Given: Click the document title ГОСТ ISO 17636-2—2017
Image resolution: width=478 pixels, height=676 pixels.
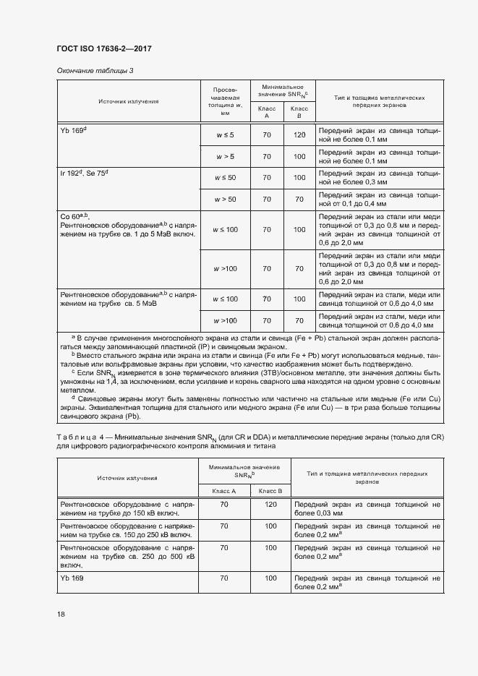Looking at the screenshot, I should coord(103,49).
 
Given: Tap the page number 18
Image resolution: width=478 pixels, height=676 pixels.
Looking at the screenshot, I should coord(60,614).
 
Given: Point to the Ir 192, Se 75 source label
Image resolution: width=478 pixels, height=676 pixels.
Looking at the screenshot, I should coord(88,174).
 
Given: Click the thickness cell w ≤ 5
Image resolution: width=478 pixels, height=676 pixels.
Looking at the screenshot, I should coord(225,135).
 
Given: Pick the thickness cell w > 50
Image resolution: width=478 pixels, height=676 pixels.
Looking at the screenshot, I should coord(225,199).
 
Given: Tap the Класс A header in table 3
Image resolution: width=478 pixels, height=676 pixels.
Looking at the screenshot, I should coord(267,112).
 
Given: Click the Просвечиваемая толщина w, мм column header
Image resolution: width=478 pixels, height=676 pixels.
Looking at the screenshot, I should coord(225,101).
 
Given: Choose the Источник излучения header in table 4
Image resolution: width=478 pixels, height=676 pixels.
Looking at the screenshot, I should coord(128,478).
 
